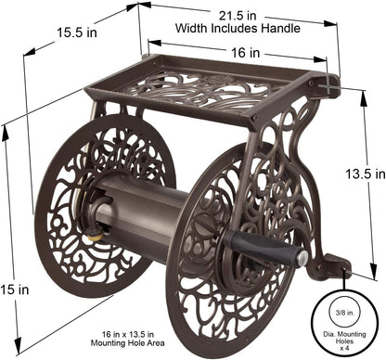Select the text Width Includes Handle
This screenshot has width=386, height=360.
click(238, 27)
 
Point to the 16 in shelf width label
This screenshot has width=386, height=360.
click(246, 54)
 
